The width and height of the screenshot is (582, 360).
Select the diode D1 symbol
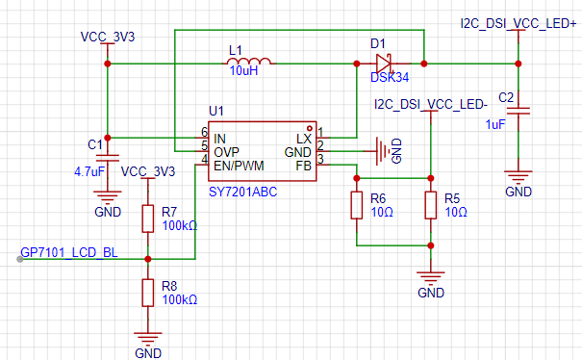(384, 64)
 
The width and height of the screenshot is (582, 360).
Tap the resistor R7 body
(148, 219)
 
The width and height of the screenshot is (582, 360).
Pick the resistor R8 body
(148, 293)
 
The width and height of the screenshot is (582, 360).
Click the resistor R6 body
(357, 205)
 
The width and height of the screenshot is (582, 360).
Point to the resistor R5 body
(431, 205)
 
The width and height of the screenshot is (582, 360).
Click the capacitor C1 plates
(108, 158)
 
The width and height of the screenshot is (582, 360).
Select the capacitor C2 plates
(519, 111)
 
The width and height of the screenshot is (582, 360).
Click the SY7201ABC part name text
(242, 193)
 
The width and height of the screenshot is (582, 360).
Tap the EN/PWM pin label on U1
(239, 166)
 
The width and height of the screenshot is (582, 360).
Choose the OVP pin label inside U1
(226, 152)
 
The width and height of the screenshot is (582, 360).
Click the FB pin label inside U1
(303, 166)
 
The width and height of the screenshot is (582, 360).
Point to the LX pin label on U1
(304, 139)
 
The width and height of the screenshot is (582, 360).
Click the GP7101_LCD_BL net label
(69, 252)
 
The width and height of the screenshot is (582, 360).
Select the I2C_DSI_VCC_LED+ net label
(519, 23)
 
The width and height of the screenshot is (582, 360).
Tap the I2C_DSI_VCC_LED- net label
(431, 104)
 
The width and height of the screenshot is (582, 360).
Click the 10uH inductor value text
(243, 70)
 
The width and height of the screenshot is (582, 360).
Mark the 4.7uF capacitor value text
(89, 171)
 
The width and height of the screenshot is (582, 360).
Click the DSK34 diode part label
(390, 77)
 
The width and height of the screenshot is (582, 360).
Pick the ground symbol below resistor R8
(148, 337)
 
